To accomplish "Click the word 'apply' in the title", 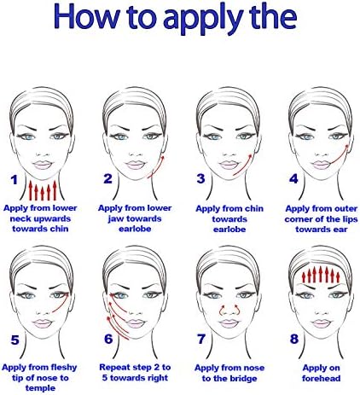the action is (x=203, y=18).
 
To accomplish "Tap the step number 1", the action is (x=15, y=180).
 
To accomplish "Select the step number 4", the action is (x=293, y=178).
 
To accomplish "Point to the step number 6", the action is (x=108, y=339).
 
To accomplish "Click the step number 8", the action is (x=294, y=339).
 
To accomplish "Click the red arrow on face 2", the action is (x=157, y=167).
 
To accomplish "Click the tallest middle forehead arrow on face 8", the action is (x=321, y=274).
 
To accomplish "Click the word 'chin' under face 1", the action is (x=59, y=229).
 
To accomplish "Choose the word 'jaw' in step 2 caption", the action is (x=113, y=219).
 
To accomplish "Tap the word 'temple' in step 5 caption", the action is (x=40, y=388).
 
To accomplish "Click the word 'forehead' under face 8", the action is (x=321, y=378).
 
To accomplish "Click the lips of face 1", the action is (x=43, y=165).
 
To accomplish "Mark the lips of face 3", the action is (x=229, y=165).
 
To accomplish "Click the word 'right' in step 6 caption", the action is (x=157, y=378).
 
